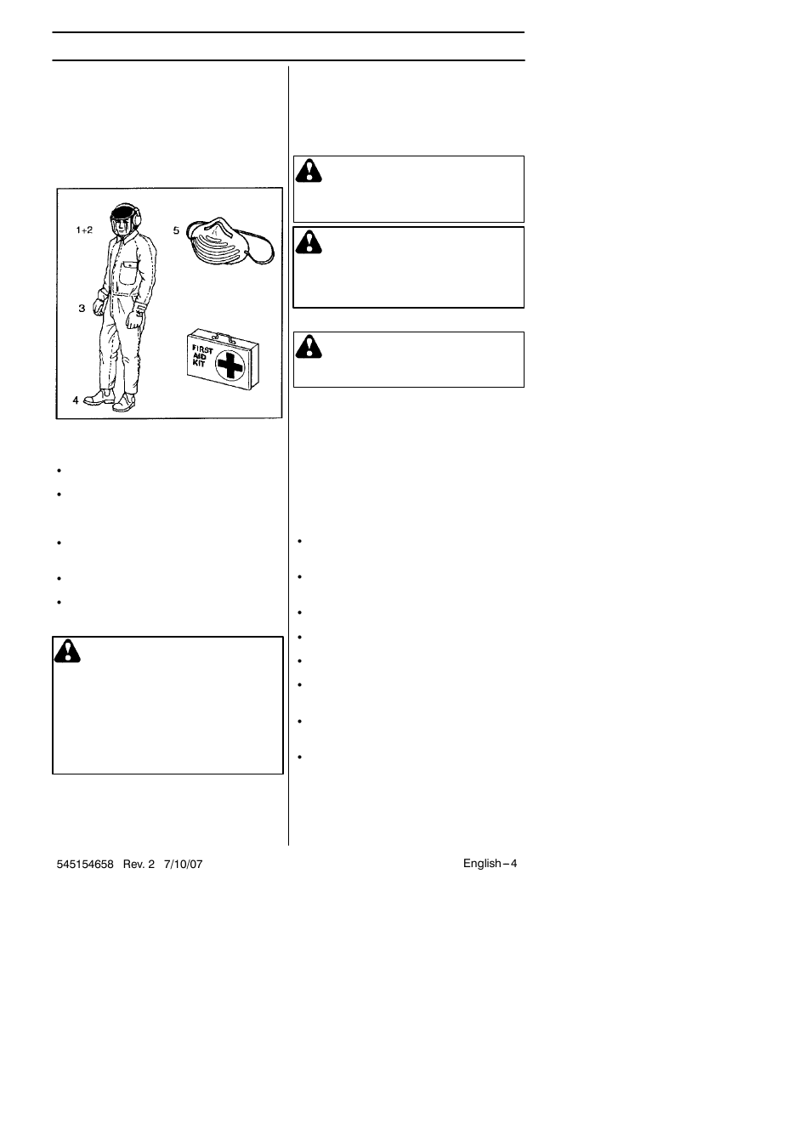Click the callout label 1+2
[x=84, y=230]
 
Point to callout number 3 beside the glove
[x=82, y=309]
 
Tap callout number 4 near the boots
[x=76, y=400]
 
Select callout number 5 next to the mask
[x=177, y=230]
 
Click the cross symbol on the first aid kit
[x=229, y=366]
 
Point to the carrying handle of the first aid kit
[x=222, y=335]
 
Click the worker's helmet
[x=123, y=208]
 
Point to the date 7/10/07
[x=184, y=864]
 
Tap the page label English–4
[x=490, y=863]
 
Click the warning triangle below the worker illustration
[x=67, y=651]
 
